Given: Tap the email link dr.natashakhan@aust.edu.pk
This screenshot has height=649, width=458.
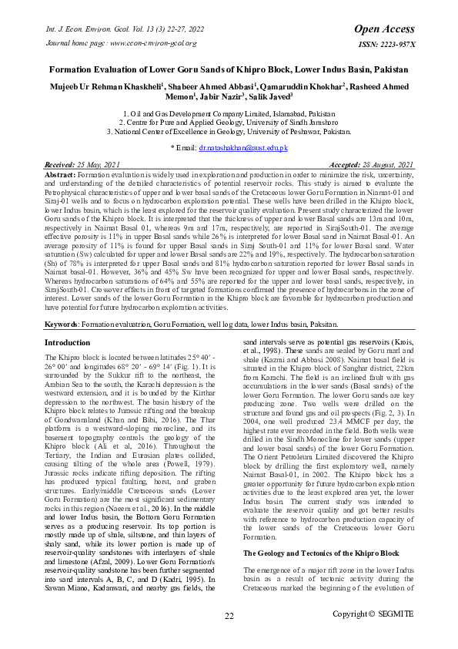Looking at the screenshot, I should point(243,146).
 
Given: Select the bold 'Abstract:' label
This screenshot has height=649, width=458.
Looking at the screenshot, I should point(60,176).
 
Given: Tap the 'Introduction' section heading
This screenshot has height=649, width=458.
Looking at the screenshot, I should point(67,341).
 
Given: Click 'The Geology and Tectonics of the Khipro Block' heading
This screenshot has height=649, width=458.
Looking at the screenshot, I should point(321,532).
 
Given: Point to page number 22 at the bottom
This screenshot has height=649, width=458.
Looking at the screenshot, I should point(229,615).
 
